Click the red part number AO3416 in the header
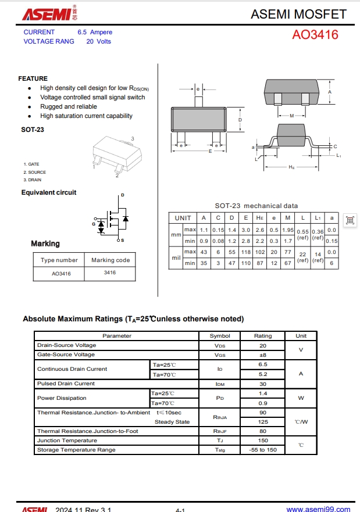click(x=315, y=35)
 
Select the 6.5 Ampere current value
click(x=95, y=32)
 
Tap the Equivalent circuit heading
click(x=49, y=192)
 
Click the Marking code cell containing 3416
click(x=110, y=273)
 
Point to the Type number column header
click(x=59, y=260)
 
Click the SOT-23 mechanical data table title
click(x=256, y=206)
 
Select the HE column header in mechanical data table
click(x=259, y=218)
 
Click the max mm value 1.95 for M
click(x=287, y=230)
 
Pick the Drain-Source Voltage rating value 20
click(x=263, y=345)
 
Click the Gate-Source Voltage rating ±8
click(x=263, y=355)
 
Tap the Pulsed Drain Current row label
click(x=66, y=384)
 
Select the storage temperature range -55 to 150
click(x=263, y=450)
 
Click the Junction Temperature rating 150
click(x=263, y=441)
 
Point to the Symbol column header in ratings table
click(x=220, y=336)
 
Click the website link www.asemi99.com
click(x=318, y=509)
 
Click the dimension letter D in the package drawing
click(x=240, y=120)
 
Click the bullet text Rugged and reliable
click(x=69, y=106)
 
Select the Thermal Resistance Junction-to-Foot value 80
click(x=263, y=431)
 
